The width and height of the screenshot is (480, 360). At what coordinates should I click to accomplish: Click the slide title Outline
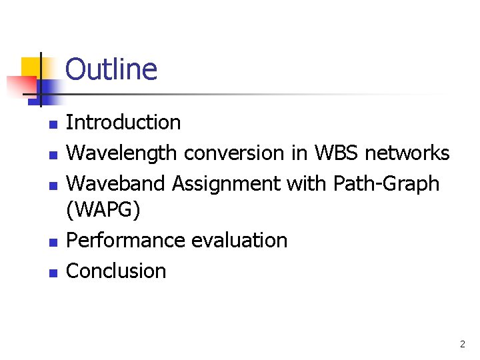(111, 69)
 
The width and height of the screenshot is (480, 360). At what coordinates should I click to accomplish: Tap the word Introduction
(123, 123)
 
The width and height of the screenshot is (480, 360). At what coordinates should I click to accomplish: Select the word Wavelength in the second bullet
(122, 153)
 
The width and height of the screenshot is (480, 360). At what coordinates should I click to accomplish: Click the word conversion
(234, 153)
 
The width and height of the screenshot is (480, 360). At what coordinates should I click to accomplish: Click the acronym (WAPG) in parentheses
(103, 211)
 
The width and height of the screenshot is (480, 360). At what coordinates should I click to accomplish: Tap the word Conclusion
(116, 271)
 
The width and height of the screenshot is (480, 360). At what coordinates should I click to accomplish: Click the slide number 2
(462, 345)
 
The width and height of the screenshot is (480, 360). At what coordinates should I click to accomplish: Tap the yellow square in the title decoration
(31, 67)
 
